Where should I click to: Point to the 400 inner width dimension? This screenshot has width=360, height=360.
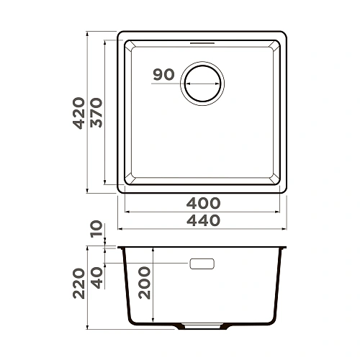(203, 205)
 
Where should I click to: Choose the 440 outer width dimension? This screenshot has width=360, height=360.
(203, 221)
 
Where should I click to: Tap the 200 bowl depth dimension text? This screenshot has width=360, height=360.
(144, 282)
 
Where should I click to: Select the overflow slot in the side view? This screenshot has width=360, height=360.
(202, 264)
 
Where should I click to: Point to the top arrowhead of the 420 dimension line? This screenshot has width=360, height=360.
(88, 33)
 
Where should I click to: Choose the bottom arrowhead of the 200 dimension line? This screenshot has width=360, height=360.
(153, 322)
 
